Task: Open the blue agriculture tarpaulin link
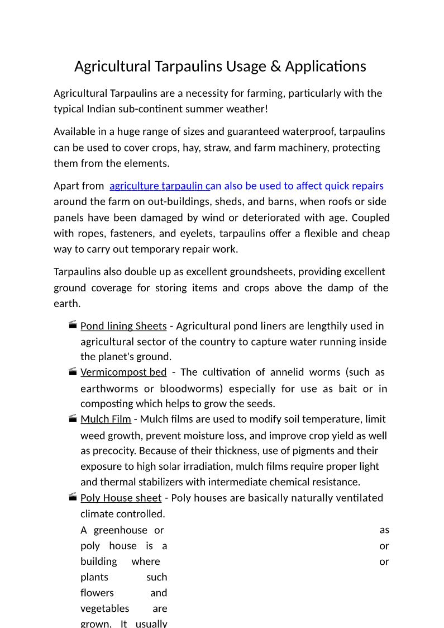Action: click(x=160, y=186)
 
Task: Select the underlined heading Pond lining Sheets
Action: click(x=123, y=326)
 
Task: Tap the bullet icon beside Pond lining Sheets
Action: click(x=73, y=325)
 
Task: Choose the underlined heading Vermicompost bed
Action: click(x=123, y=372)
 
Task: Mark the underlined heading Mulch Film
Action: click(x=106, y=419)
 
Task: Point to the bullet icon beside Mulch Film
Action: click(x=73, y=418)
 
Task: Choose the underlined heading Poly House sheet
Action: click(x=121, y=498)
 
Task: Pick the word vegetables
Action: click(x=105, y=608)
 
